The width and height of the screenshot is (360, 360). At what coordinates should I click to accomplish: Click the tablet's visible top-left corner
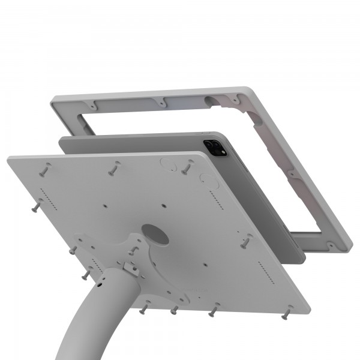[x=63, y=139]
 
